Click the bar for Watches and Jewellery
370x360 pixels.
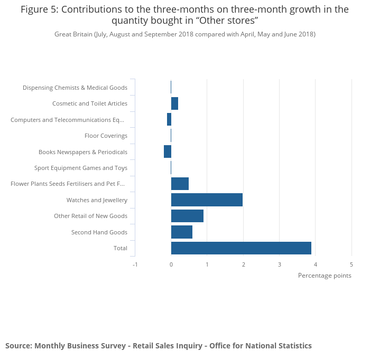coord(207,200)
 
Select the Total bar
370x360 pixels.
coord(241,248)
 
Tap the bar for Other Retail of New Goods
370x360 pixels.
coord(187,216)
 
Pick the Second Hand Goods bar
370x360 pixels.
coord(181,232)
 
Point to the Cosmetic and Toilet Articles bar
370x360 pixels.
coord(174,103)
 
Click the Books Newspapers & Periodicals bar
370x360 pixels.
coord(168,151)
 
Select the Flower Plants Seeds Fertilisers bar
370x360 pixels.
coord(180,184)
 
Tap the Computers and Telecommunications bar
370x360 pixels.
coord(169,119)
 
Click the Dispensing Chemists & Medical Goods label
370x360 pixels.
coord(75,88)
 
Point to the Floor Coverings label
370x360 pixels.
coord(106,136)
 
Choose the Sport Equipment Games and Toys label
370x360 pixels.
coord(80,168)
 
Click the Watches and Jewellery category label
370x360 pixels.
coord(97,200)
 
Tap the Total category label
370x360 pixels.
coord(120,248)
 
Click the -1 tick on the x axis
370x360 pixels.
coord(135,264)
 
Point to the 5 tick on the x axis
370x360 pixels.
coord(351,264)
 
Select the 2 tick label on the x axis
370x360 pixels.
coord(243,264)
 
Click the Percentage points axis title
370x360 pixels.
coord(324,276)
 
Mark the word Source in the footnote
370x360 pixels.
coord(18,346)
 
